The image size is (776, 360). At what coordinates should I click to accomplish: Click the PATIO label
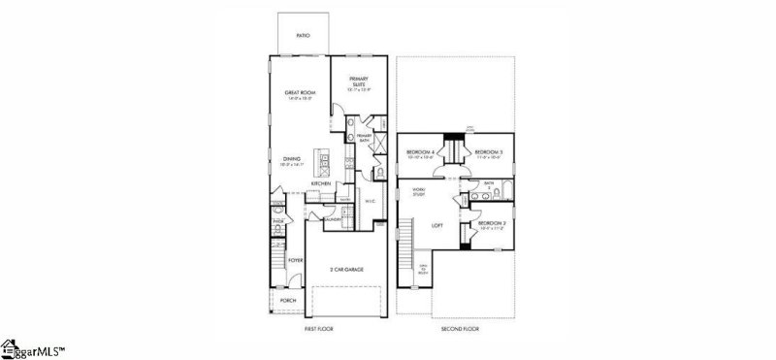point(303,34)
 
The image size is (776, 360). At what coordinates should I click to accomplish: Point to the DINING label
point(291,158)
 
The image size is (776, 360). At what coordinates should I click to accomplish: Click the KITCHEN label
point(321,183)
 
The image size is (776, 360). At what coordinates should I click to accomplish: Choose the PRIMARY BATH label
point(365,139)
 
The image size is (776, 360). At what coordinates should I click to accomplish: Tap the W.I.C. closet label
point(370,201)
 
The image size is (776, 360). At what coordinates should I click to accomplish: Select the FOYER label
point(296,260)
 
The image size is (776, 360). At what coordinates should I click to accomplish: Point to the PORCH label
point(287,301)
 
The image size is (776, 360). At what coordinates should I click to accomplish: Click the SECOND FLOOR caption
point(461,330)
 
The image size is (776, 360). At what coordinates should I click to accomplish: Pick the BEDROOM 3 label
point(488,153)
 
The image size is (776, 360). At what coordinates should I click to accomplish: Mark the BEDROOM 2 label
point(490,224)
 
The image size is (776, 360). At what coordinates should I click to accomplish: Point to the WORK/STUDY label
point(419,191)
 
